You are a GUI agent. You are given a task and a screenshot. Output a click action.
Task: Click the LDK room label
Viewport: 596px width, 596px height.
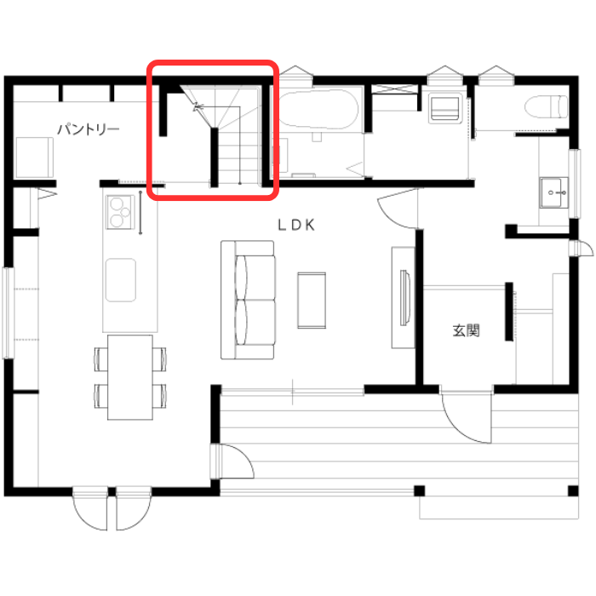click(296, 225)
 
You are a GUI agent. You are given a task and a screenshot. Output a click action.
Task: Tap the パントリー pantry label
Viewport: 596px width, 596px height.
click(89, 129)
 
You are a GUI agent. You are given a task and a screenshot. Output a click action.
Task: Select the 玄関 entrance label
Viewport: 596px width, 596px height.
click(466, 330)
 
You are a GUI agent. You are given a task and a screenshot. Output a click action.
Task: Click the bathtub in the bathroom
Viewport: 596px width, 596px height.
click(318, 109)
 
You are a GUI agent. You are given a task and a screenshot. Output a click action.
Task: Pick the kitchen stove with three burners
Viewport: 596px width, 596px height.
click(120, 212)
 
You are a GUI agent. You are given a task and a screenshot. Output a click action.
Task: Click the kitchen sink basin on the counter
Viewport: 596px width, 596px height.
click(121, 280)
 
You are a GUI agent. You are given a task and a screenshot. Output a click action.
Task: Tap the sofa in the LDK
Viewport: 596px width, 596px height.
click(248, 300)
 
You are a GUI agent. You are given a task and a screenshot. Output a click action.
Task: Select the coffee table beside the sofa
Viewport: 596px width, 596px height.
click(312, 301)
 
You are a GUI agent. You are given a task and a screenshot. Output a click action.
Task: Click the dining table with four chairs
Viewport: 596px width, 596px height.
click(130, 377)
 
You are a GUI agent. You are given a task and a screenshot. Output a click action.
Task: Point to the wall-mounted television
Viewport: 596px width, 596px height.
click(404, 298)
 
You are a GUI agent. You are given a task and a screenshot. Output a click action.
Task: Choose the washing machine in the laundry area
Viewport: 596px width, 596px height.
click(444, 108)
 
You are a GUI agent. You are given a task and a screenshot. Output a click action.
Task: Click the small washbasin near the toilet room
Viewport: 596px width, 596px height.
click(553, 192)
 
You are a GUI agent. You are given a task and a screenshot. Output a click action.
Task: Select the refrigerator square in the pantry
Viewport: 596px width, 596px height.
click(34, 158)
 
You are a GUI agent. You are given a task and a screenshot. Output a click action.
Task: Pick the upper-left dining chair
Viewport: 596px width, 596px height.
click(100, 359)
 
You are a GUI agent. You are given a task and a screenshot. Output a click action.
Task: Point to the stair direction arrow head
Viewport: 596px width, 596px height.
click(197, 106)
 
